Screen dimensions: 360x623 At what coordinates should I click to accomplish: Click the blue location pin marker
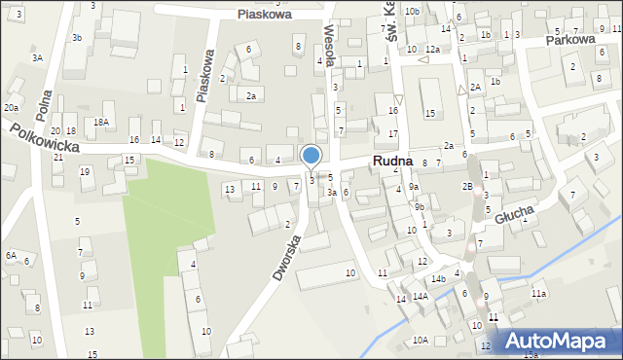[x=311, y=157]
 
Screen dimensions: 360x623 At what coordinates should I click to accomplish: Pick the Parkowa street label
[x=569, y=40]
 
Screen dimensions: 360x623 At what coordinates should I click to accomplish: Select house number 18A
[x=100, y=122]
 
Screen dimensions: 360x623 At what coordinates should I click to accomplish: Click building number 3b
[x=77, y=37]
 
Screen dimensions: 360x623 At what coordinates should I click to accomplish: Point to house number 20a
[x=12, y=107]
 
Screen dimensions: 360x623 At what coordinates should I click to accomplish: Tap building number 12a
[x=432, y=49]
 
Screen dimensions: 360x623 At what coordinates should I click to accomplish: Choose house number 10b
[x=413, y=11]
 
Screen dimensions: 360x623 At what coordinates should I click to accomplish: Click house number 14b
[x=438, y=279]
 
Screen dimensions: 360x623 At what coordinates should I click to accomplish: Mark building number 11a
[x=538, y=293]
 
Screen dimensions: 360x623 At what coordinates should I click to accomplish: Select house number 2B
[x=467, y=186]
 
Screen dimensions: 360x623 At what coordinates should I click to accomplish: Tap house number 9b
[x=420, y=206]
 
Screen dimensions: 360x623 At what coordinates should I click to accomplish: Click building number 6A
[x=10, y=255]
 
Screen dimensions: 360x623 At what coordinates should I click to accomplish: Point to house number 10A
[x=420, y=340]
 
